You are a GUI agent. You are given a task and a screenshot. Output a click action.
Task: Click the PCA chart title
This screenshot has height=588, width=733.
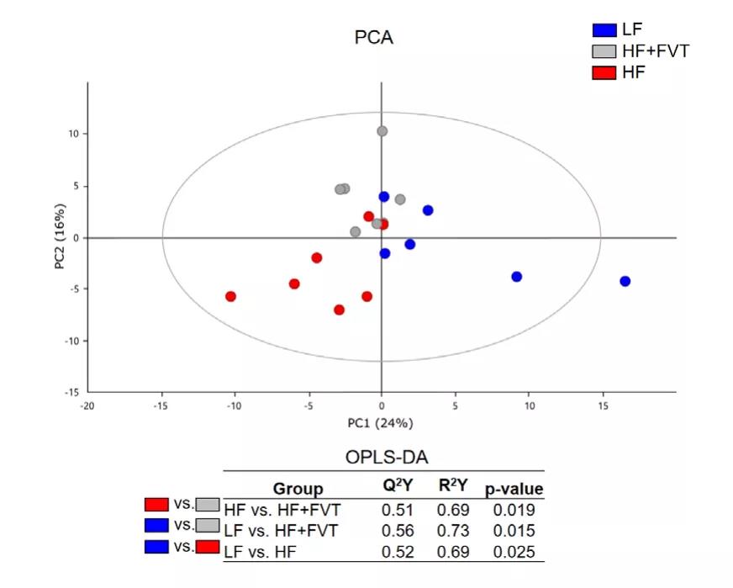373,38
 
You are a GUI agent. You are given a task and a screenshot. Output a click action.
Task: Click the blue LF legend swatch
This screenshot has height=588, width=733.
604,29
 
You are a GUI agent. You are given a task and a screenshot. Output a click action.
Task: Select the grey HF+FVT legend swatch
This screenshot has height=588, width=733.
604,51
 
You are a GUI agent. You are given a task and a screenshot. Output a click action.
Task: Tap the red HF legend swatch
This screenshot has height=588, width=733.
604,73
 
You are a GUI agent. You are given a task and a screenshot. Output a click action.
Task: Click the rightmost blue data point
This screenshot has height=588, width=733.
625,282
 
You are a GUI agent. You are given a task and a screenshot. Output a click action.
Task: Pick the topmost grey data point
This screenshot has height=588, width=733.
382,131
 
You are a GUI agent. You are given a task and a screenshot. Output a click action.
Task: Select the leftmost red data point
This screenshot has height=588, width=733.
230,296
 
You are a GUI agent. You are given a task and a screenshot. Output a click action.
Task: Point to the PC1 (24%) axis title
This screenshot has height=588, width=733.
382,422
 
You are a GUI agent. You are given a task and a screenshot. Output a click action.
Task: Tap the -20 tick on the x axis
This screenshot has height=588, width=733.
87,405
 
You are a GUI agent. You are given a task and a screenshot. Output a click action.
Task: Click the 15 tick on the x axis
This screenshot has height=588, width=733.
603,405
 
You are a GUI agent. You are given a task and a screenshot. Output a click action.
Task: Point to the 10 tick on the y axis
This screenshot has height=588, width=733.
73,134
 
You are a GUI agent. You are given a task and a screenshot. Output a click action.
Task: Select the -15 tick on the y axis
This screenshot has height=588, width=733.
71,392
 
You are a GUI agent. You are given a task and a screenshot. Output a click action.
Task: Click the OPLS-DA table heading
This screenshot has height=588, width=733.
387,458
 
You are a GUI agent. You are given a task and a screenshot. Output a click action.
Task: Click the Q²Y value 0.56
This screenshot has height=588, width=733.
398,531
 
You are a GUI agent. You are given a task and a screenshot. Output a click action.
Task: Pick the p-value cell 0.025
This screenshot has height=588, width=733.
514,553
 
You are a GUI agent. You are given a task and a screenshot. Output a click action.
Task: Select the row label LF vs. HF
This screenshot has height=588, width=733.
263,553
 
